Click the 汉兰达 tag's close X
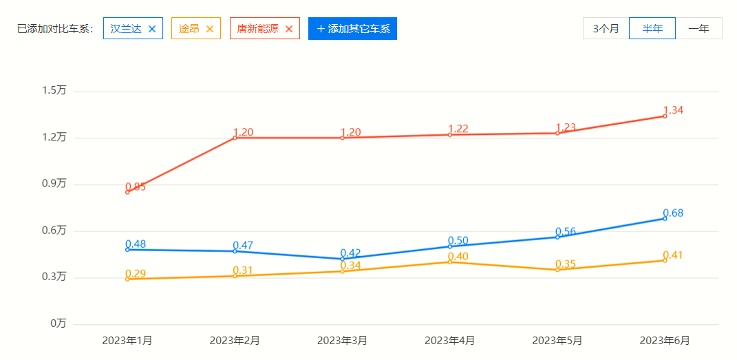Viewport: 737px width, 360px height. [152, 29]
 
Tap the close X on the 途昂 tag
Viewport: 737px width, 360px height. [210, 29]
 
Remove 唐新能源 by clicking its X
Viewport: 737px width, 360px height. [289, 29]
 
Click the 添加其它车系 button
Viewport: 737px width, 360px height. [352, 29]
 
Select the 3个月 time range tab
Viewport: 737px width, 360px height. [606, 28]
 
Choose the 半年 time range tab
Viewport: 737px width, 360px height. [652, 28]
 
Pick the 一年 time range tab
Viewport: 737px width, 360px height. [699, 28]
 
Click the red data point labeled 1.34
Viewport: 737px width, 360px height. [665, 116]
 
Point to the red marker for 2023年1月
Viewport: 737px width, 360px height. [127, 192]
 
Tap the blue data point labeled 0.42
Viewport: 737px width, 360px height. [342, 259]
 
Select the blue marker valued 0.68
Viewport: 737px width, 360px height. [665, 218]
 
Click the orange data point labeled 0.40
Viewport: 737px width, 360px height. [450, 262]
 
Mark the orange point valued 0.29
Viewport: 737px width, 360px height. [127, 279]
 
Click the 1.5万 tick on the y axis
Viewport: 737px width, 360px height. [54, 90]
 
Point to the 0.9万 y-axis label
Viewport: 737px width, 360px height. [54, 184]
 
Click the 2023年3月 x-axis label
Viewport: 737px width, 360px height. [342, 340]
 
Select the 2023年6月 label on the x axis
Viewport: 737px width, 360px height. [665, 340]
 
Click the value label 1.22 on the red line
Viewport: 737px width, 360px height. [458, 129]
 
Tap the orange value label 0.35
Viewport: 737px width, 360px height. [566, 264]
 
